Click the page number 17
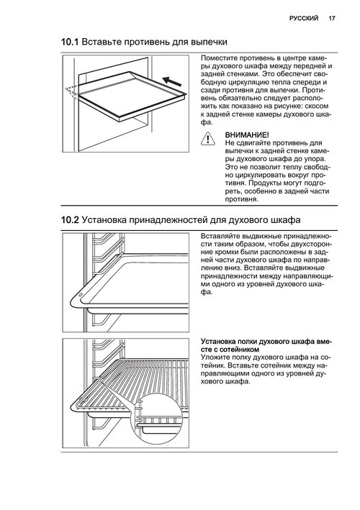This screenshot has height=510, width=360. tap(332, 19)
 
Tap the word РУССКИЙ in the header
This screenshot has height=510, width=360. tap(304, 19)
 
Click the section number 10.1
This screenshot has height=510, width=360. tap(70, 42)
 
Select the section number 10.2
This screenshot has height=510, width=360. tap(70, 220)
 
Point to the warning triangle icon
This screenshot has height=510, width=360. tap(207, 139)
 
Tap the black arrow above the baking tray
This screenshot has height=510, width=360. tap(171, 81)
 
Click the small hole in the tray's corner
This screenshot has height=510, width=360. tap(81, 295)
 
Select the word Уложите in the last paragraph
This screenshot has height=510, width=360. tap(214, 358)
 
